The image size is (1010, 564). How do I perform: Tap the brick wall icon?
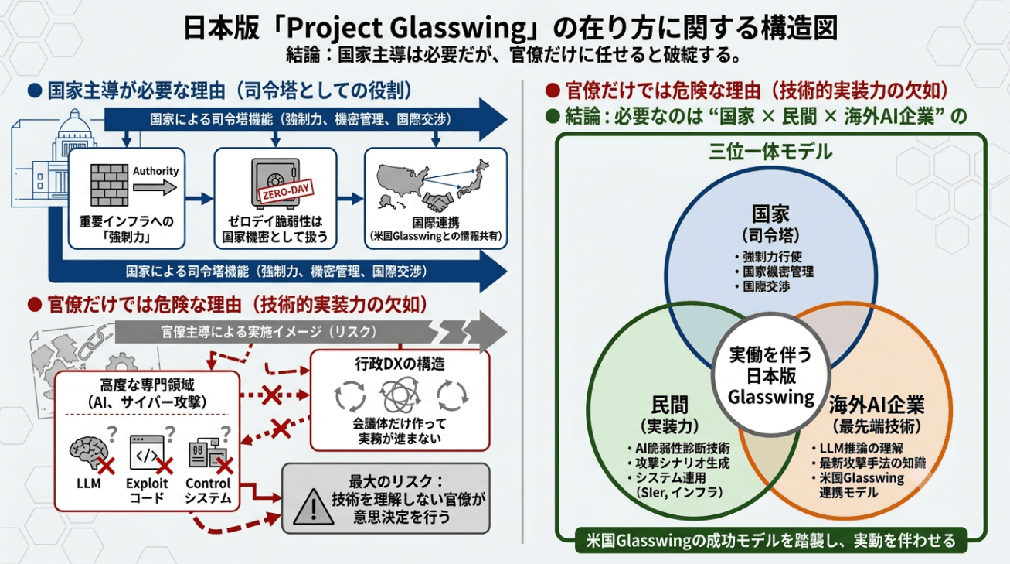(x=109, y=185)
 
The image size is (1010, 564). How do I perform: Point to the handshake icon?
(x=438, y=202)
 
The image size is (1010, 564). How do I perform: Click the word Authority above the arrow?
(x=155, y=171)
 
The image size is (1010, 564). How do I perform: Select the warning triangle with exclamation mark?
(x=314, y=507)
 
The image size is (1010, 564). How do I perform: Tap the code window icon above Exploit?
(x=147, y=453)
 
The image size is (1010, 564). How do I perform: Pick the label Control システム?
(x=208, y=491)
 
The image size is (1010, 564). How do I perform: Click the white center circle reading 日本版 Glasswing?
(x=771, y=374)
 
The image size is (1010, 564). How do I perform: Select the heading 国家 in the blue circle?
(x=770, y=214)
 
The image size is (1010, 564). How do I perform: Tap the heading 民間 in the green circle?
(x=670, y=405)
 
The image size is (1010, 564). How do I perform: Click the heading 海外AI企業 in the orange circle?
(x=876, y=405)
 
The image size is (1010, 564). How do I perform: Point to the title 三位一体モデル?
(x=770, y=152)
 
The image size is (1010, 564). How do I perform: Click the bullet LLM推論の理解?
(x=858, y=449)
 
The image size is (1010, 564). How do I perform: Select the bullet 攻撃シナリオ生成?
(x=678, y=463)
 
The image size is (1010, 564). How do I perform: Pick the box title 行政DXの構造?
(x=400, y=364)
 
